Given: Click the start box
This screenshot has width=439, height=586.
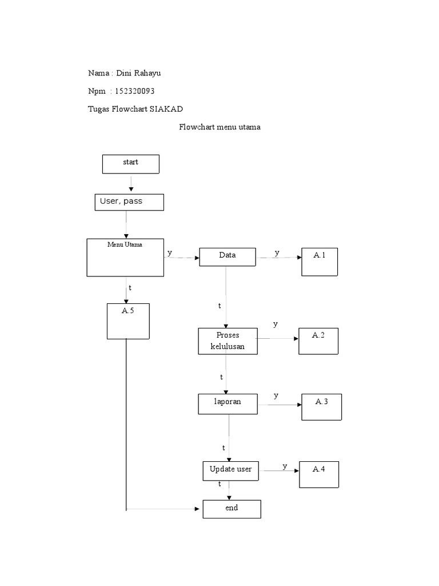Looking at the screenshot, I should [130, 164].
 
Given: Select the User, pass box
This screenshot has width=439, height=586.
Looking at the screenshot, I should [129, 202].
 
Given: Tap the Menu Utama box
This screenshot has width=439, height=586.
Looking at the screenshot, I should [125, 257].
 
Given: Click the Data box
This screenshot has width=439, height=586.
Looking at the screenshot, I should [227, 257].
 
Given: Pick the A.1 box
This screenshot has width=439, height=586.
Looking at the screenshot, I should [320, 262].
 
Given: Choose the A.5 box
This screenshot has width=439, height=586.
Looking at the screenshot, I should [128, 321].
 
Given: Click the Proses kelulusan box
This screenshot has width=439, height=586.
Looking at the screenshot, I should [228, 341].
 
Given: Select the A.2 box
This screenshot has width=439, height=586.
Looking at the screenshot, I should [318, 341].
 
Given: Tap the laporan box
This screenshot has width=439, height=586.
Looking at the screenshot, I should [228, 403].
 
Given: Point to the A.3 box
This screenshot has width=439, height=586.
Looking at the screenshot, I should [321, 407].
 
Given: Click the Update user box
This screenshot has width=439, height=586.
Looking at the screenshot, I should [230, 470].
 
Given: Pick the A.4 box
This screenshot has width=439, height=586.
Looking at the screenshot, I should [319, 475].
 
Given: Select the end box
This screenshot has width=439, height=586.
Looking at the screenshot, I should [232, 509].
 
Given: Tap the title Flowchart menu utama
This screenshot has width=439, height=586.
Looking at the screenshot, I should [219, 127].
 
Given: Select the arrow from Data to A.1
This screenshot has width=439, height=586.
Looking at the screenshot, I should [278, 258].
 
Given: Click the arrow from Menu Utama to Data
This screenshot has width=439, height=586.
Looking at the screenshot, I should [181, 258].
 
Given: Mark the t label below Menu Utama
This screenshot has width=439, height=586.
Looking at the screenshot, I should [130, 287].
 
